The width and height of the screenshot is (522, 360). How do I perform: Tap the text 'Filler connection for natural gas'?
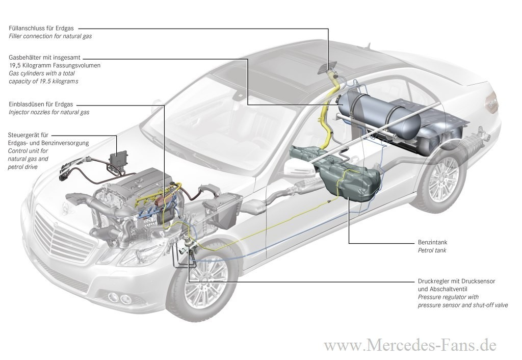50,37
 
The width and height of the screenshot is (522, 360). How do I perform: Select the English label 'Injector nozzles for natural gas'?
49,112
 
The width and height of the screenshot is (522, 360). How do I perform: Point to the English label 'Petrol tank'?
432,251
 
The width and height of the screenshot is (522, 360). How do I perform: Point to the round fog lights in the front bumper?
119,298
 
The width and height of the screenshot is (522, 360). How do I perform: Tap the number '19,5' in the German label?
16,66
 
